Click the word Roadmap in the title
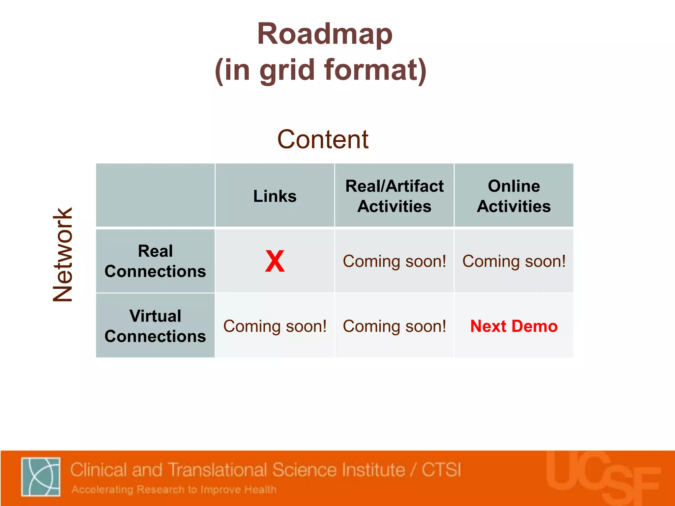[325, 34]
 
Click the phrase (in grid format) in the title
[321, 70]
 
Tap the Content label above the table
[323, 139]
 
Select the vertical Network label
[63, 255]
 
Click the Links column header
[275, 196]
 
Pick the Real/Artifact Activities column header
[394, 196]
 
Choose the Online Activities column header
[514, 196]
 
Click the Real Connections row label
[155, 261]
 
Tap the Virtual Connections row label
[155, 326]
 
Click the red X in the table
[275, 261]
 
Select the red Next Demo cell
[514, 326]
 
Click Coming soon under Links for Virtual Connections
[275, 326]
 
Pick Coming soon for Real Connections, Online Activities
[514, 261]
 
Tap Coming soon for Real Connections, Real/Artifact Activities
[394, 261]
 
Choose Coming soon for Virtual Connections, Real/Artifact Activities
[394, 326]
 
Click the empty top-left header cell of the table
[155, 195]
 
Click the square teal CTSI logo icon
[41, 476]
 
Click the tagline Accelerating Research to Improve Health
[174, 490]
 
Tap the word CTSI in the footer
[441, 469]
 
